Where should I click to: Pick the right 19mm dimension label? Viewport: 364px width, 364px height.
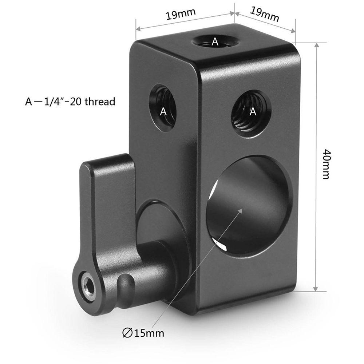click(265, 14)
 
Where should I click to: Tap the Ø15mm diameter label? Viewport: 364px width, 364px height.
click(143, 333)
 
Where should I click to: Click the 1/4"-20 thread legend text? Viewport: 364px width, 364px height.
click(70, 102)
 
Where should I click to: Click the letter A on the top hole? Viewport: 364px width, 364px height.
click(215, 42)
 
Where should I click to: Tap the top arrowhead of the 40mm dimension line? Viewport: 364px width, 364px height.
click(316, 45)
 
